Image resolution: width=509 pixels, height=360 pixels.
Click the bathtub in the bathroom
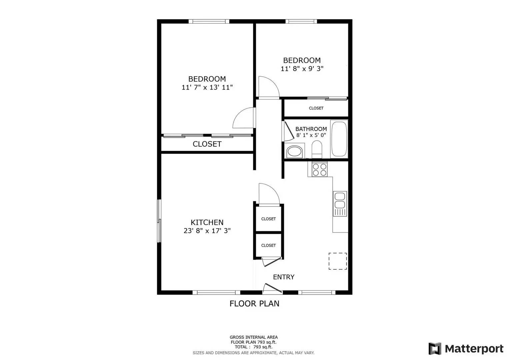(x=339, y=139)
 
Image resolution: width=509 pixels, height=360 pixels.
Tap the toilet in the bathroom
(x=317, y=150)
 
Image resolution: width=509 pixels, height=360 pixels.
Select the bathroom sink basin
(x=294, y=151)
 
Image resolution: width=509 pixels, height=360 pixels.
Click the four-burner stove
(x=320, y=169)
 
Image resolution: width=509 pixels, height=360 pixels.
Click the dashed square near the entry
(x=338, y=261)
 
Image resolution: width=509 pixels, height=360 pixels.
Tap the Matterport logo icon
(x=435, y=349)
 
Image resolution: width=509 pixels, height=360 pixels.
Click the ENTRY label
(x=284, y=277)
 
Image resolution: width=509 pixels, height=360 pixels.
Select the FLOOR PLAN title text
(x=254, y=304)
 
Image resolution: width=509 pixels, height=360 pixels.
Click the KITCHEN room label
(x=207, y=222)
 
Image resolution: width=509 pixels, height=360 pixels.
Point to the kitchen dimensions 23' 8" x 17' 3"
(x=207, y=231)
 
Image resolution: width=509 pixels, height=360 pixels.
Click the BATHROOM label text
(x=311, y=129)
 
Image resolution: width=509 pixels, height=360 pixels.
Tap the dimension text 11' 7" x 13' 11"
(x=207, y=87)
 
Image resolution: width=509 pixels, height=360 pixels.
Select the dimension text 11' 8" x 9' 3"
(x=302, y=69)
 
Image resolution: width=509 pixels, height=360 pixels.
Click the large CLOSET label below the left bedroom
(x=207, y=144)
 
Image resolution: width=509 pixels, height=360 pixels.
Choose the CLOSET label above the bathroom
(x=316, y=108)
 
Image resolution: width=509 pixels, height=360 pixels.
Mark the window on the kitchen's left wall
(x=159, y=221)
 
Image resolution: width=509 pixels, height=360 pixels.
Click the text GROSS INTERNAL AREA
(x=253, y=337)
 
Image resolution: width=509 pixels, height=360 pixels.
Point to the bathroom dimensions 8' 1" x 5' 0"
(x=311, y=135)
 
